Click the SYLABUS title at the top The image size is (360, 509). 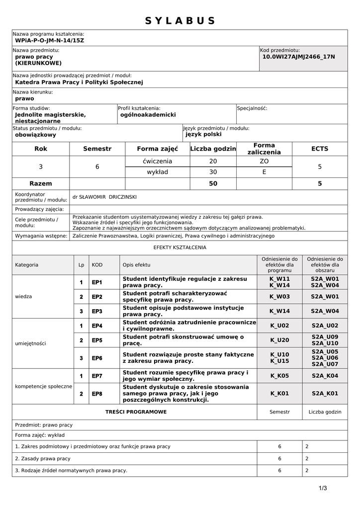tap(180, 20)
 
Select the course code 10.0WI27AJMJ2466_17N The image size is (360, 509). tap(298, 57)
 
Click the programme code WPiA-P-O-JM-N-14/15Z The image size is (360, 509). tap(50, 40)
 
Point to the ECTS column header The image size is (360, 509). tap(320, 149)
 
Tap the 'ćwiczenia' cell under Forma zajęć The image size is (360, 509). tap(157, 161)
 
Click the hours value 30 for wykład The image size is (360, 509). tap(213, 172)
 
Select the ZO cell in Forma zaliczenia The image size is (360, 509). tap(264, 161)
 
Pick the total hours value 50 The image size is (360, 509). tap(213, 183)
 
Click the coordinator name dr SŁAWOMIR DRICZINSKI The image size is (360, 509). tap(104, 197)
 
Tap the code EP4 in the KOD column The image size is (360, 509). tap(97, 326)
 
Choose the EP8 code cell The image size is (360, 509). tap(97, 394)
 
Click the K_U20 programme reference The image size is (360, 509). tap(279, 340)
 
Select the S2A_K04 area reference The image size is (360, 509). tap(325, 376)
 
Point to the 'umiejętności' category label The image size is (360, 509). tap(31, 343)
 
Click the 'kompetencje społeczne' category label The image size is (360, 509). tap(44, 386)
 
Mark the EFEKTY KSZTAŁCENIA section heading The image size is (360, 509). tap(180, 247)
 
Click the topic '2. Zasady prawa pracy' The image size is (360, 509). tap(43, 458)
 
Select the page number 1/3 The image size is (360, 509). tap(323, 488)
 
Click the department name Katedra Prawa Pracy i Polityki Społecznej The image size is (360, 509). tap(79, 82)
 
